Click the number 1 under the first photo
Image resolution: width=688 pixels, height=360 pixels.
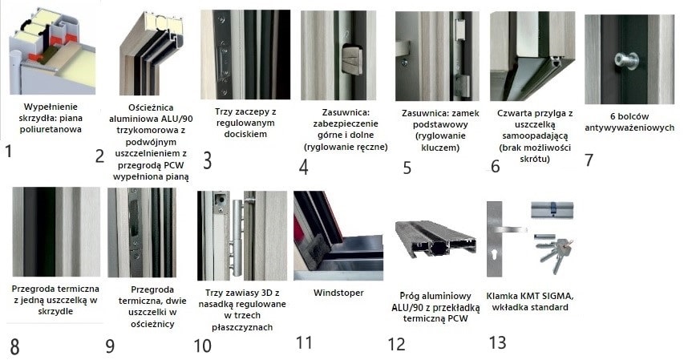tap(8, 152)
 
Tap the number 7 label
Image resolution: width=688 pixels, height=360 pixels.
tap(589, 160)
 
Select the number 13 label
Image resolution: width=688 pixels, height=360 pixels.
tap(498, 342)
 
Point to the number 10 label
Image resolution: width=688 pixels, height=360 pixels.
tap(202, 346)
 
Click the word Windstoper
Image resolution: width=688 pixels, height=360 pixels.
tap(338, 293)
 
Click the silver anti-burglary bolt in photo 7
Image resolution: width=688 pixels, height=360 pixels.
tap(626, 61)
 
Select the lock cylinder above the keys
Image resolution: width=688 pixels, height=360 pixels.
tap(552, 210)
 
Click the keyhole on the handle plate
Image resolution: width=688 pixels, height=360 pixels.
tap(495, 254)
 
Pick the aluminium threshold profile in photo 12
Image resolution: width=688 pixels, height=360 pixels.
tap(435, 239)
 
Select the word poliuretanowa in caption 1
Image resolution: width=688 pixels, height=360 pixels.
tap(51, 129)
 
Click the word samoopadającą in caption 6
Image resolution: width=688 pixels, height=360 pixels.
tap(535, 136)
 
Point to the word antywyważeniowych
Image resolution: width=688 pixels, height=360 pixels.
tap(629, 127)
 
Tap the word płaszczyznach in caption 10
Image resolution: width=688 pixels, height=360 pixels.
tap(242, 327)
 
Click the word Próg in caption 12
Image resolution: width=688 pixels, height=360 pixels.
tap(410, 296)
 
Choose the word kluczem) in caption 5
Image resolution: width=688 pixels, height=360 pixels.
tap(440, 148)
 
